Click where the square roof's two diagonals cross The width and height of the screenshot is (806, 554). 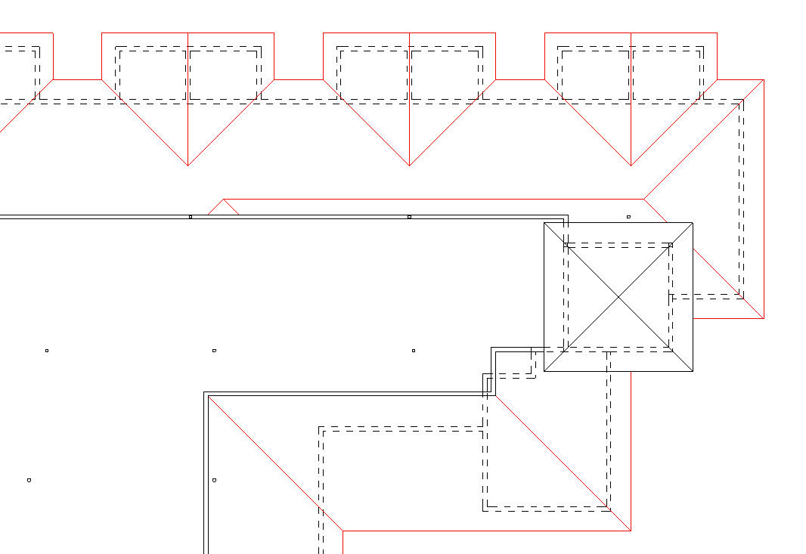618,297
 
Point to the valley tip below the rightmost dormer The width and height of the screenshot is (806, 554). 631,166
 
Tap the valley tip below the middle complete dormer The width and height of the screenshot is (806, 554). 409,166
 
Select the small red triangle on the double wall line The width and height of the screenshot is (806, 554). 223,208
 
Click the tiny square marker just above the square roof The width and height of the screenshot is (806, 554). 628,217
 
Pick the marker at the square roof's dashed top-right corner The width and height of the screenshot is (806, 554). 671,245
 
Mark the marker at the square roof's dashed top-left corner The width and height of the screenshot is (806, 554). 566,245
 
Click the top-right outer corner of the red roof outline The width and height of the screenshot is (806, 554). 764,79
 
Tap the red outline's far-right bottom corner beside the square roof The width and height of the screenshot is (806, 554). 764,318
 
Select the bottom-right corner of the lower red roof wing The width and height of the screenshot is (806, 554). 631,531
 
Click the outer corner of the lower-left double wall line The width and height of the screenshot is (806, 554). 204,392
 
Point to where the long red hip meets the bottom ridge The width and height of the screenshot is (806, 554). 343,531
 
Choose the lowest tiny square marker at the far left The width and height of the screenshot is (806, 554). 29,480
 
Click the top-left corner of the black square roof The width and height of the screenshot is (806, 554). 544,222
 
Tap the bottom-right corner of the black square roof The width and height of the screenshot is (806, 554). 693,372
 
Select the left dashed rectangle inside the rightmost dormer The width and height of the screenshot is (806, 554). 596,74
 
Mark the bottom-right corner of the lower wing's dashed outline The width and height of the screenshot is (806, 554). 610,509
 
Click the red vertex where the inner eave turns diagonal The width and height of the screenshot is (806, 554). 643,199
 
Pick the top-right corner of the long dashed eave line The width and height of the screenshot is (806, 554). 742,100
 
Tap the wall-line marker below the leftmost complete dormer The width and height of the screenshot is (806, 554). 190,217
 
